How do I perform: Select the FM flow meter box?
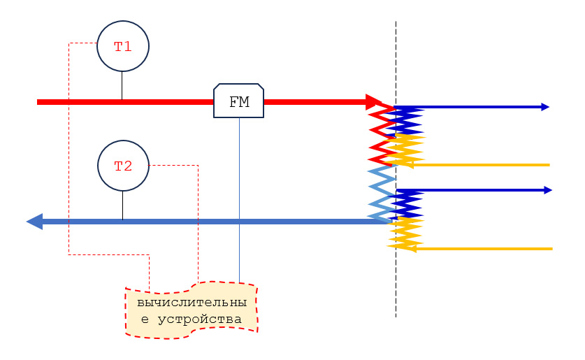[239, 101]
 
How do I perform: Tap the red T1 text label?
[123, 47]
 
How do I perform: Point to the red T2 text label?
[123, 166]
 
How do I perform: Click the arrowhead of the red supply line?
[374, 102]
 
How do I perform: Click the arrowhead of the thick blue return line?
[35, 222]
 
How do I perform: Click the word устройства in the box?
[200, 319]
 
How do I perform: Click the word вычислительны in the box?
[192, 303]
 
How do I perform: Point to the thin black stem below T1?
[122, 85]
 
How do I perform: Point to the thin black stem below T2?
[123, 206]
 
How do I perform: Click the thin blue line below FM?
[239, 200]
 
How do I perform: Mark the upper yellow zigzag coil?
[405, 149]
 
